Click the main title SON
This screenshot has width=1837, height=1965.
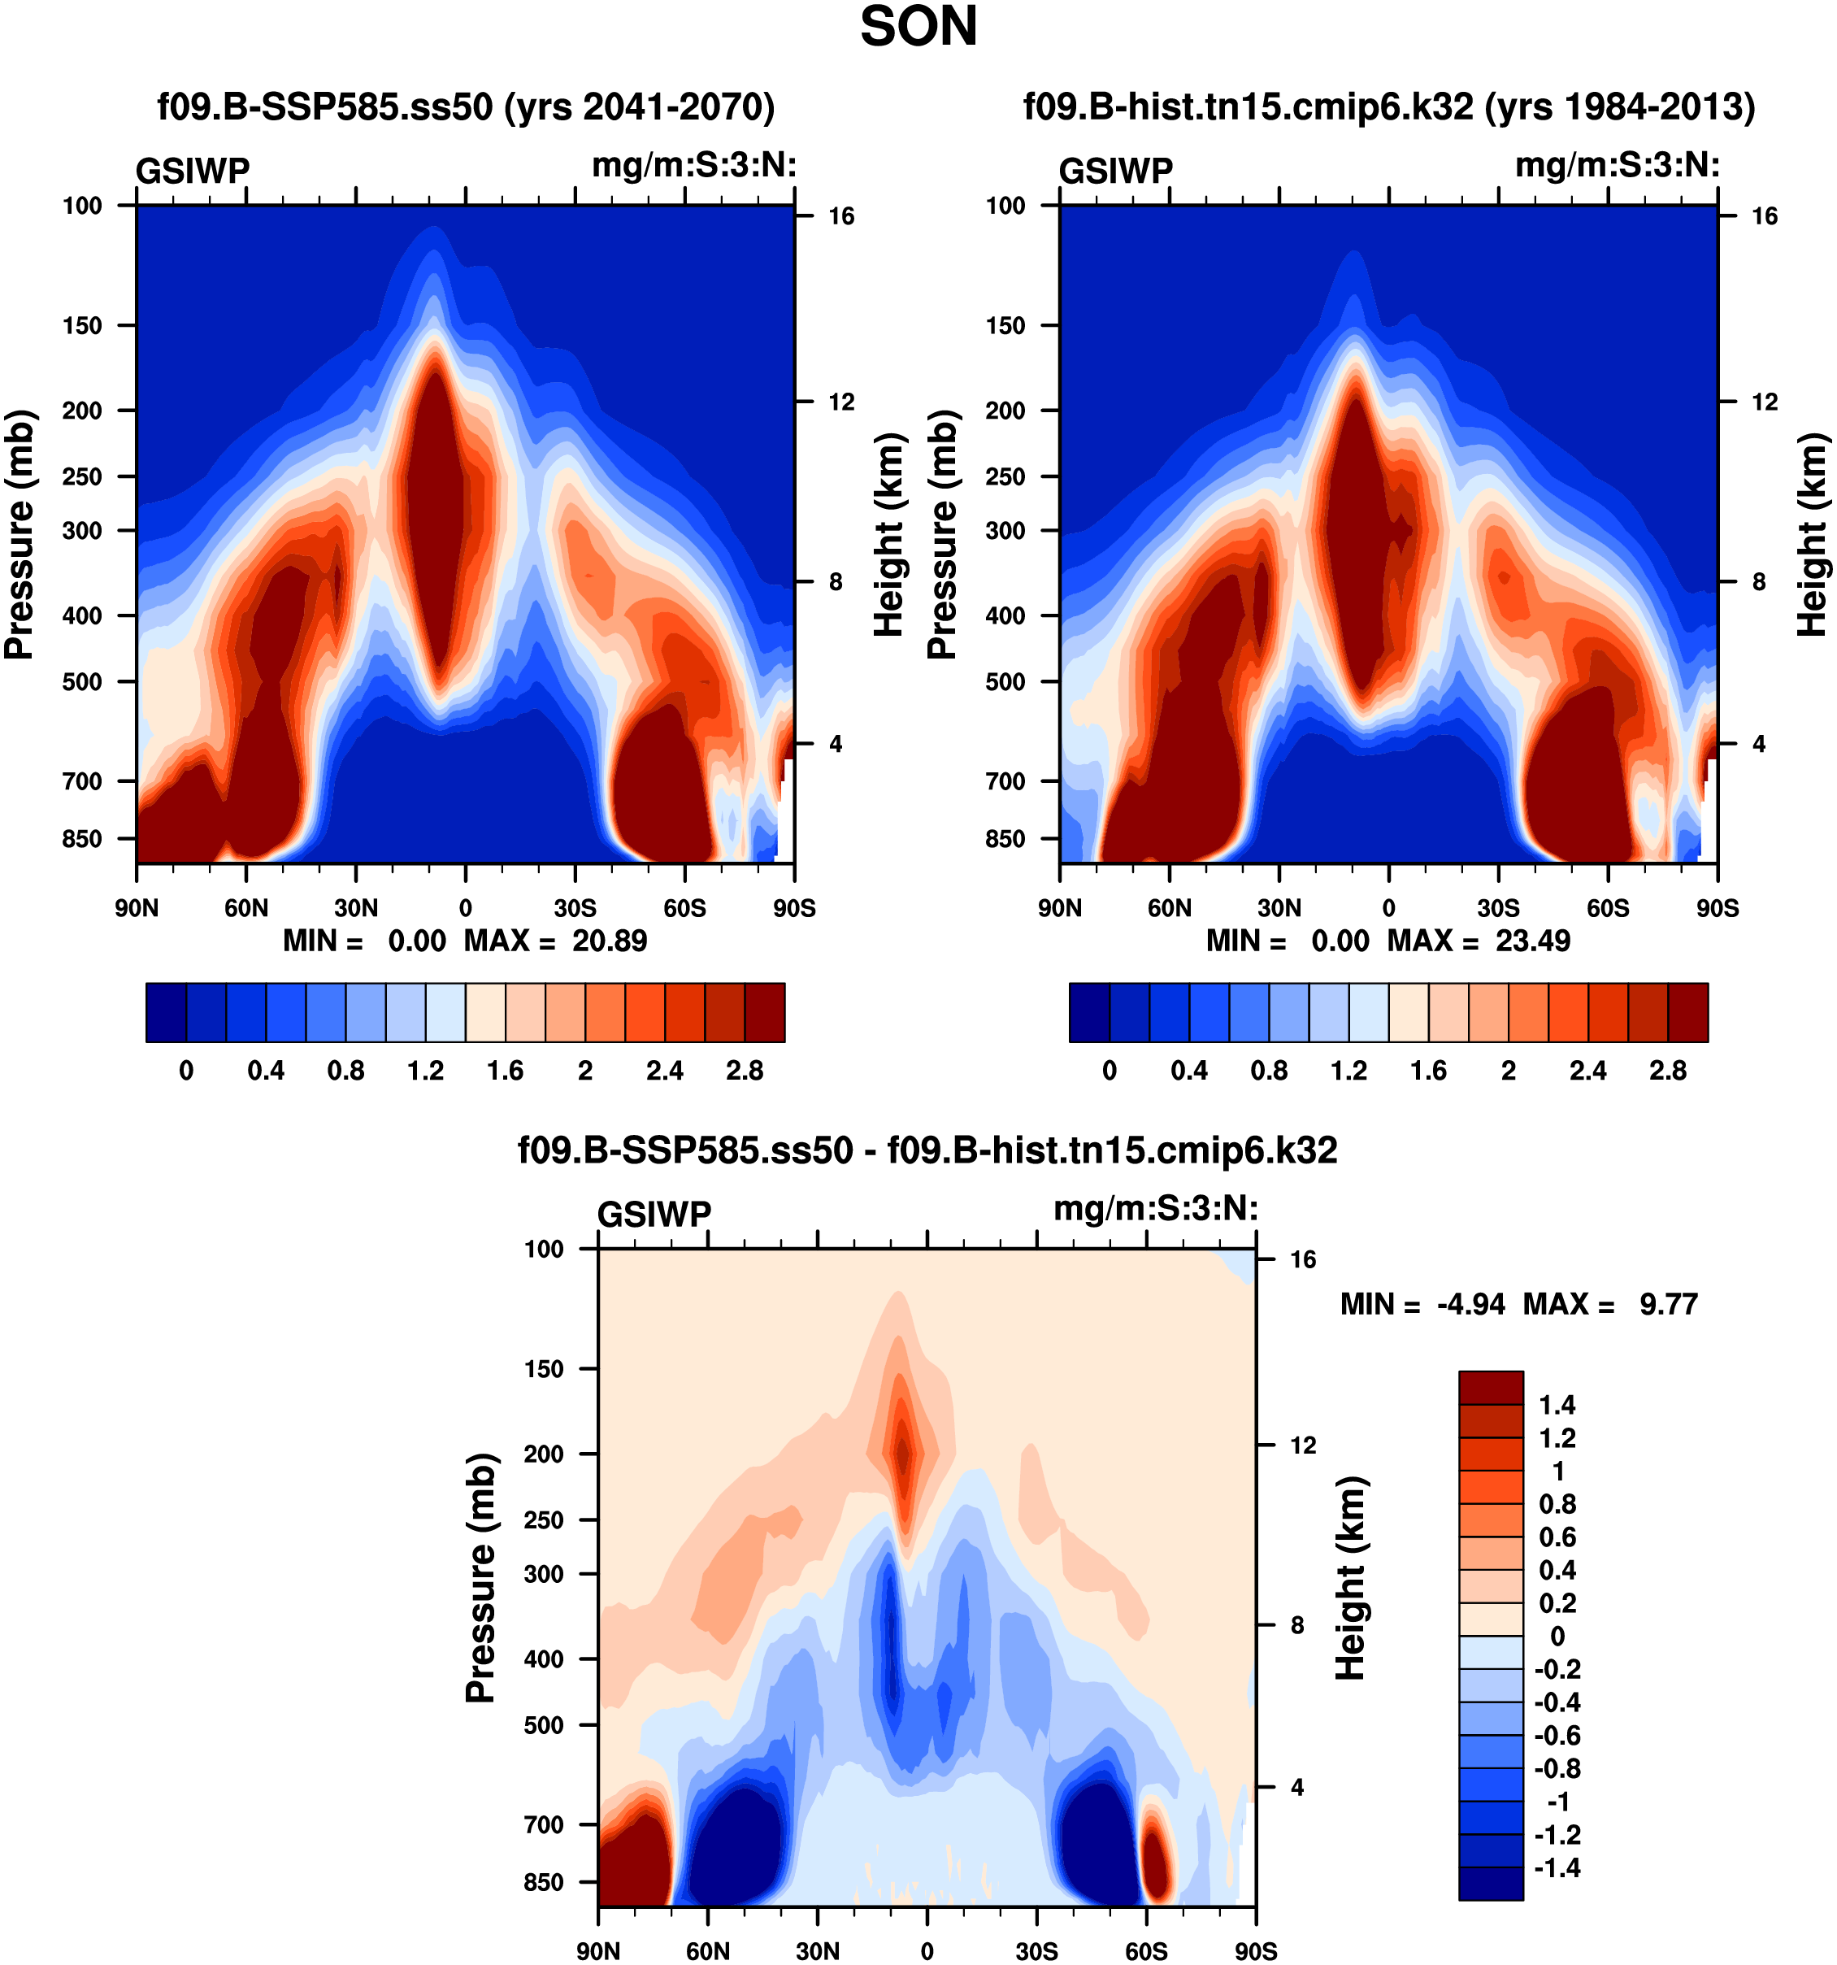click(x=918, y=27)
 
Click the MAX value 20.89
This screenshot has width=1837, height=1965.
click(x=609, y=940)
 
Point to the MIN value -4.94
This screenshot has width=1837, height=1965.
click(x=1470, y=1304)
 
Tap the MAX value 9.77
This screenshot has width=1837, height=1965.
click(x=1668, y=1304)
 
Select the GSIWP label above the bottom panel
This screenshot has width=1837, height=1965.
click(x=654, y=1214)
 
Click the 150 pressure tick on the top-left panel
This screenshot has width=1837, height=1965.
click(x=82, y=326)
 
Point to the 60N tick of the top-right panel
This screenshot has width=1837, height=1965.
click(x=1169, y=907)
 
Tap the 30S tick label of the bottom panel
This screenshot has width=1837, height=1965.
click(x=1036, y=1951)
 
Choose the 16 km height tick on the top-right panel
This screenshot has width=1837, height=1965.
click(x=1764, y=216)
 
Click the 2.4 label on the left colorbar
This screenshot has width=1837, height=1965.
click(x=664, y=1071)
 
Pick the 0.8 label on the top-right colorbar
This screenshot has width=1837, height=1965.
click(x=1269, y=1071)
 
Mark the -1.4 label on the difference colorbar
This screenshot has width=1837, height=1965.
click(x=1557, y=1867)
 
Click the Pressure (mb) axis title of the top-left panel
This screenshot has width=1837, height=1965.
click(x=20, y=534)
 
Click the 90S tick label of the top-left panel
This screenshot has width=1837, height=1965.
click(x=793, y=907)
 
